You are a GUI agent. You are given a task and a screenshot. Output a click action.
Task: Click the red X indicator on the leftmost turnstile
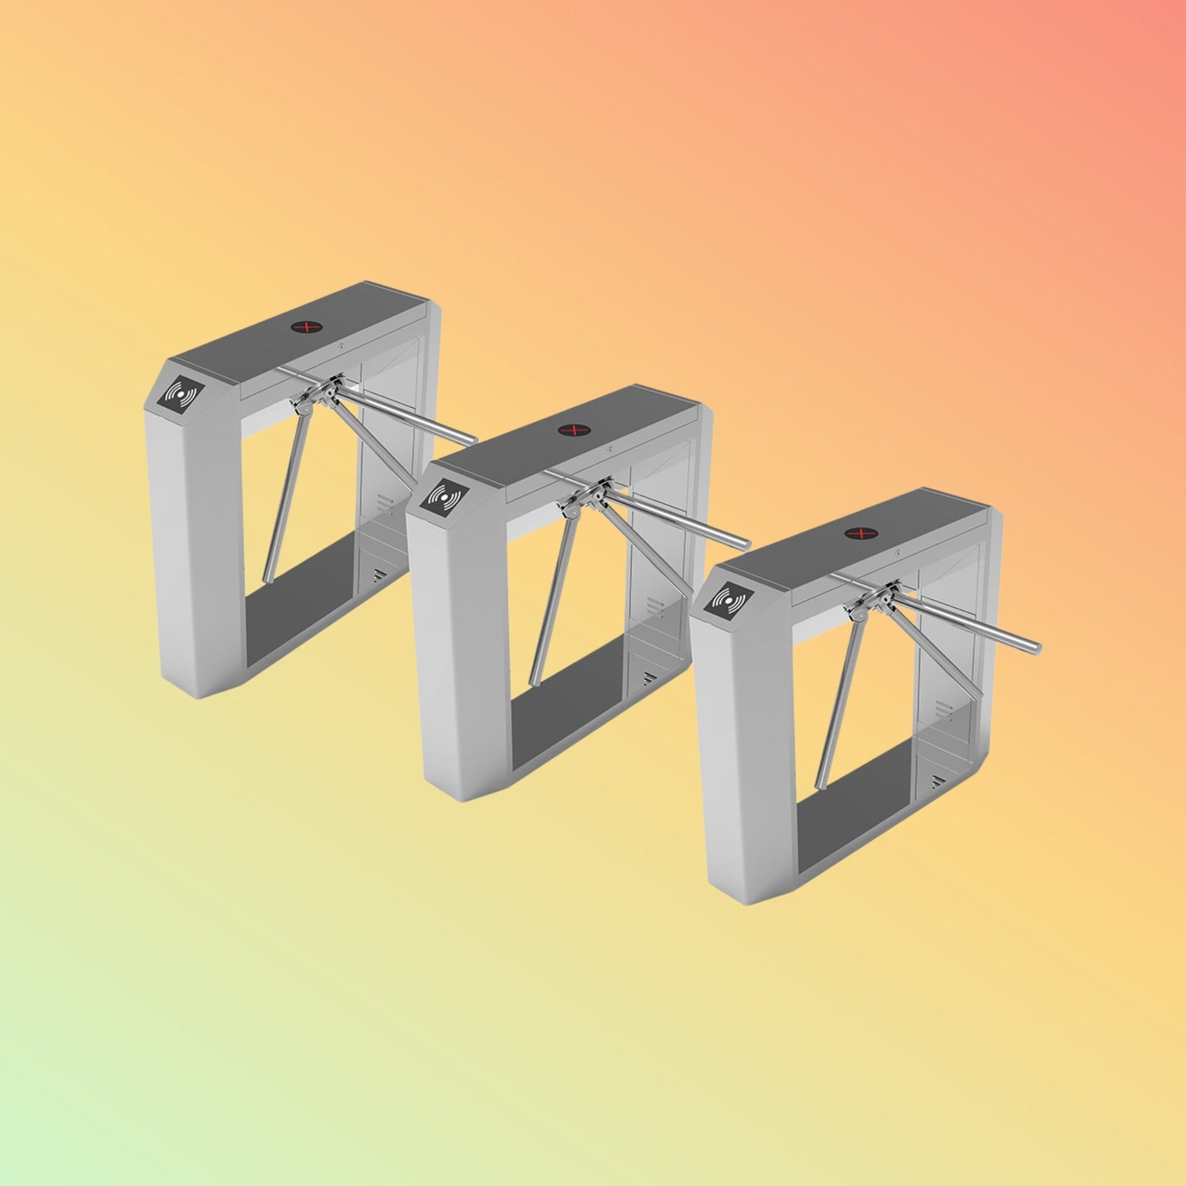click(x=306, y=327)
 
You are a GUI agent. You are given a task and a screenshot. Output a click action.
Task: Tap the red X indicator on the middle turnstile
click(x=571, y=430)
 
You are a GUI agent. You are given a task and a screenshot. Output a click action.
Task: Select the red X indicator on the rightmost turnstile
click(x=858, y=534)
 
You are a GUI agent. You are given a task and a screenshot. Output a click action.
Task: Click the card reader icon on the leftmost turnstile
click(x=181, y=396)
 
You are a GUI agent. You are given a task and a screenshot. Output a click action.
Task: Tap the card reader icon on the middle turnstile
click(x=446, y=498)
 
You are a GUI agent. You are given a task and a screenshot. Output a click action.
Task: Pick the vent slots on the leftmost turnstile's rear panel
click(x=382, y=502)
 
